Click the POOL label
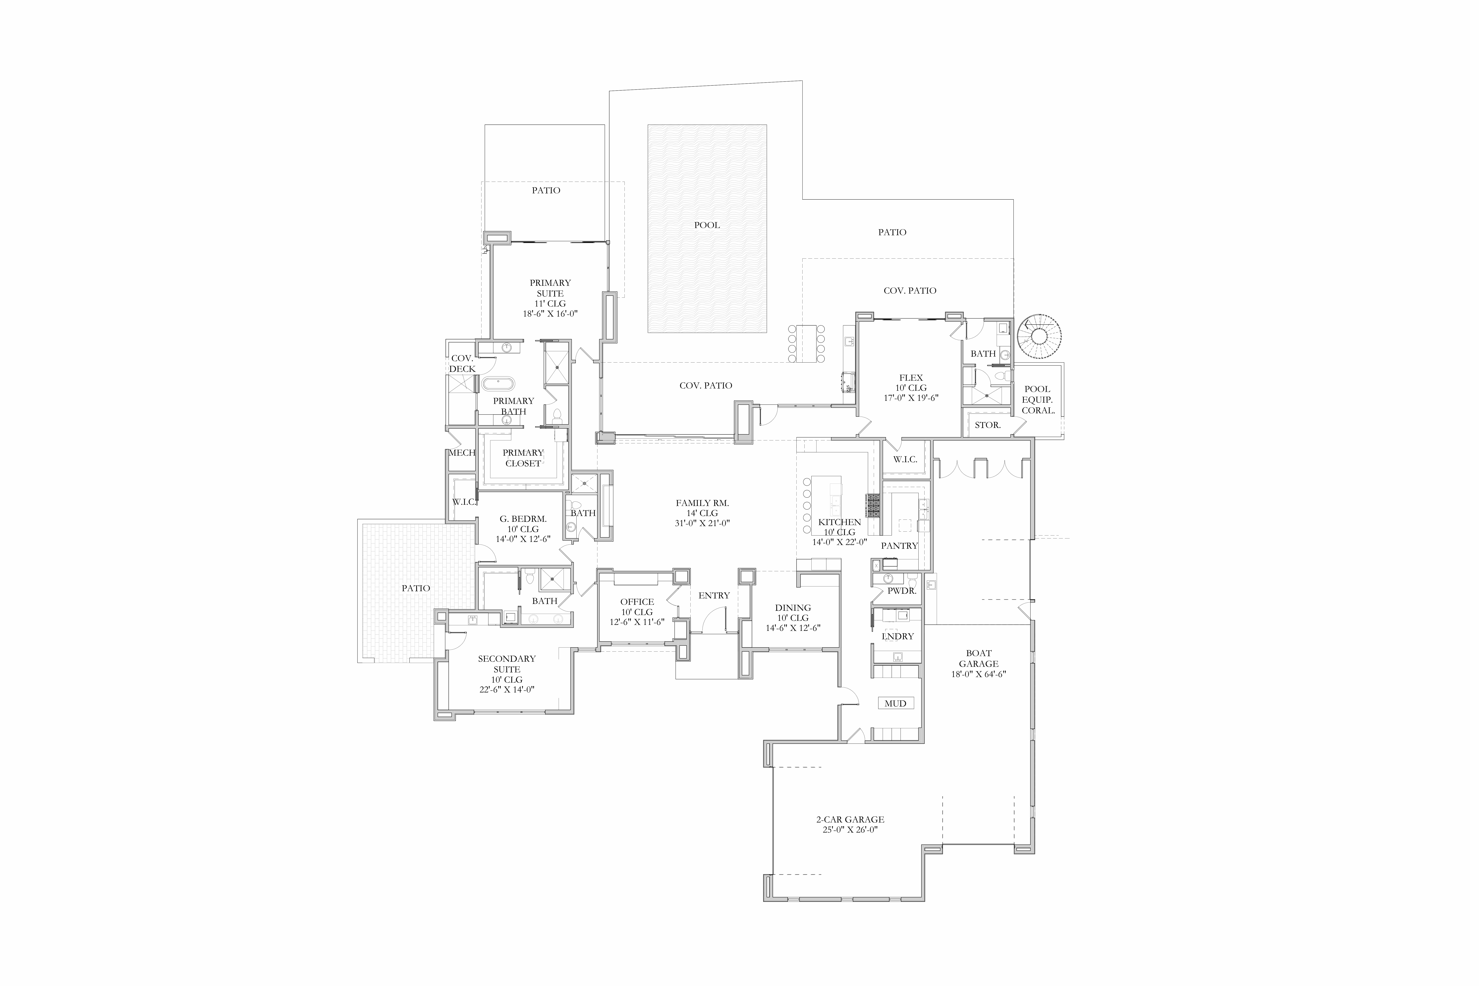pos(707,225)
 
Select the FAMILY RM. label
pos(702,503)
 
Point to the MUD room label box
pos(895,703)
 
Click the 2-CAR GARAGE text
pos(850,819)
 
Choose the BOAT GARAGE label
pos(978,658)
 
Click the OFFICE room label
pos(637,602)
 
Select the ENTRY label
pos(714,596)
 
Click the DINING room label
pos(793,607)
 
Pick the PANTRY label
pos(899,546)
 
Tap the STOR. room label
pos(987,425)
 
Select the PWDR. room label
pos(902,591)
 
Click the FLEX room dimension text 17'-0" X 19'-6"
pos(911,397)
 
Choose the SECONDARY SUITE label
pos(507,664)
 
